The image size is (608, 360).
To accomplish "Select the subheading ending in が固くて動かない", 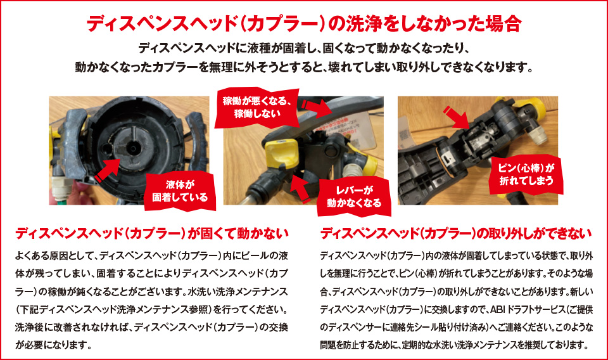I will tap(152, 233).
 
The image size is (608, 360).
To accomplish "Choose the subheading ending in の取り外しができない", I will tap(456, 233).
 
